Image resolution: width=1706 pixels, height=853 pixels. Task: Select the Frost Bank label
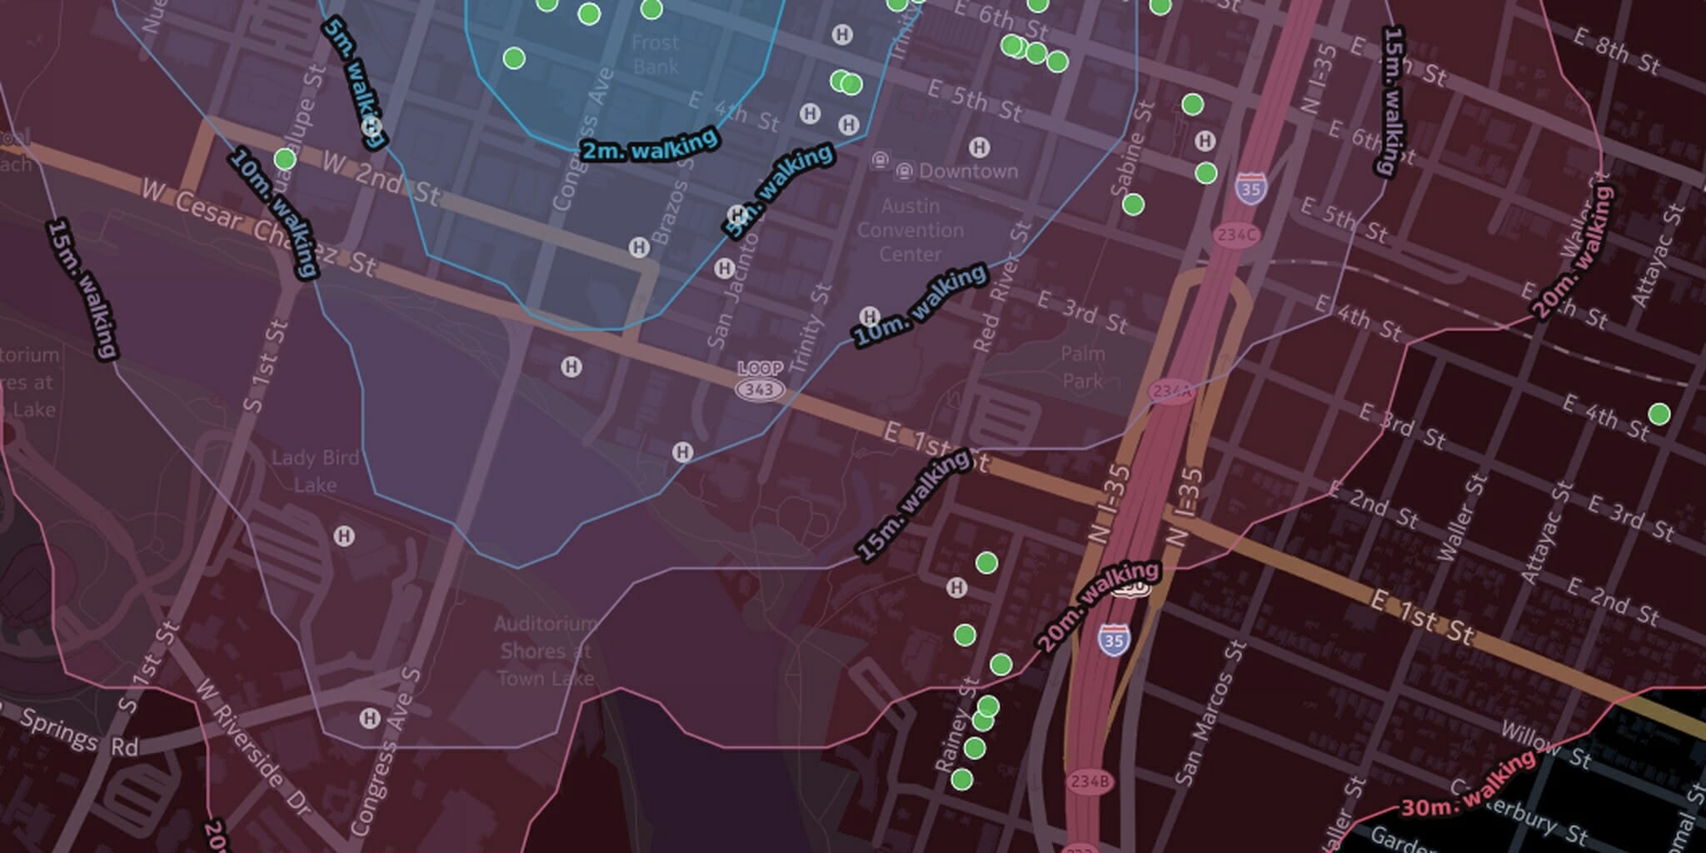click(x=656, y=54)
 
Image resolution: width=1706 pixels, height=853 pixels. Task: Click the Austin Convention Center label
click(x=910, y=230)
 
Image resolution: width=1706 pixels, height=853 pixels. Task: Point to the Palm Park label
click(x=1083, y=367)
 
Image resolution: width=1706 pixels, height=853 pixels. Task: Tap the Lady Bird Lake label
click(x=316, y=471)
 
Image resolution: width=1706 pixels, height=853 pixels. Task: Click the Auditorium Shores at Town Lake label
click(x=546, y=651)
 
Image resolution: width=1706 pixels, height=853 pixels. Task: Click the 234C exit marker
click(x=1236, y=235)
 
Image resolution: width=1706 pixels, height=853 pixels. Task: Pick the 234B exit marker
click(x=1090, y=781)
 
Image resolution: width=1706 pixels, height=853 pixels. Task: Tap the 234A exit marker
click(x=1171, y=391)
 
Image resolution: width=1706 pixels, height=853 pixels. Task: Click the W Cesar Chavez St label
click(x=259, y=227)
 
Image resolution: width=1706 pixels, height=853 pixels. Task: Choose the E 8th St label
click(x=1617, y=51)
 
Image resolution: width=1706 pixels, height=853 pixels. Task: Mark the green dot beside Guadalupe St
click(x=285, y=158)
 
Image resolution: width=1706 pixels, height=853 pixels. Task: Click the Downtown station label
click(x=967, y=172)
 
